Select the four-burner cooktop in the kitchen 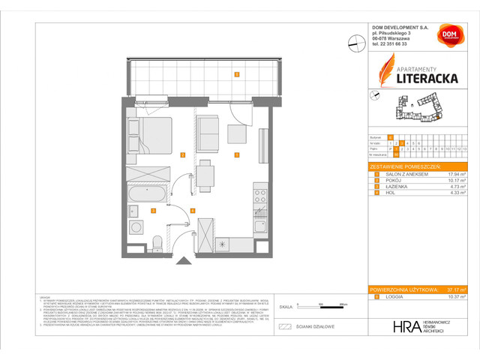pyautogui.click(x=260, y=197)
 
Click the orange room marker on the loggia pyautogui.click(x=236, y=74)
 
